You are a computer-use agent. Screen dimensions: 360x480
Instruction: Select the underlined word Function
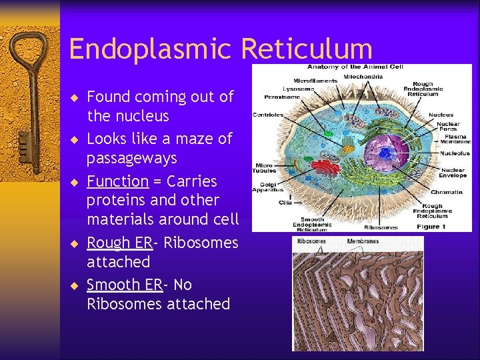coord(117,181)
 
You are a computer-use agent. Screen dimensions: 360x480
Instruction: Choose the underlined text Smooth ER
coord(124,285)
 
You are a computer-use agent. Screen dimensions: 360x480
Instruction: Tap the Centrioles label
coord(267,115)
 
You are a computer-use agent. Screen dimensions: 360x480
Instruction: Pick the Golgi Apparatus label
coord(267,187)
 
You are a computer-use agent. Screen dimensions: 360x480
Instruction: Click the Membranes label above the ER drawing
coord(363,241)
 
